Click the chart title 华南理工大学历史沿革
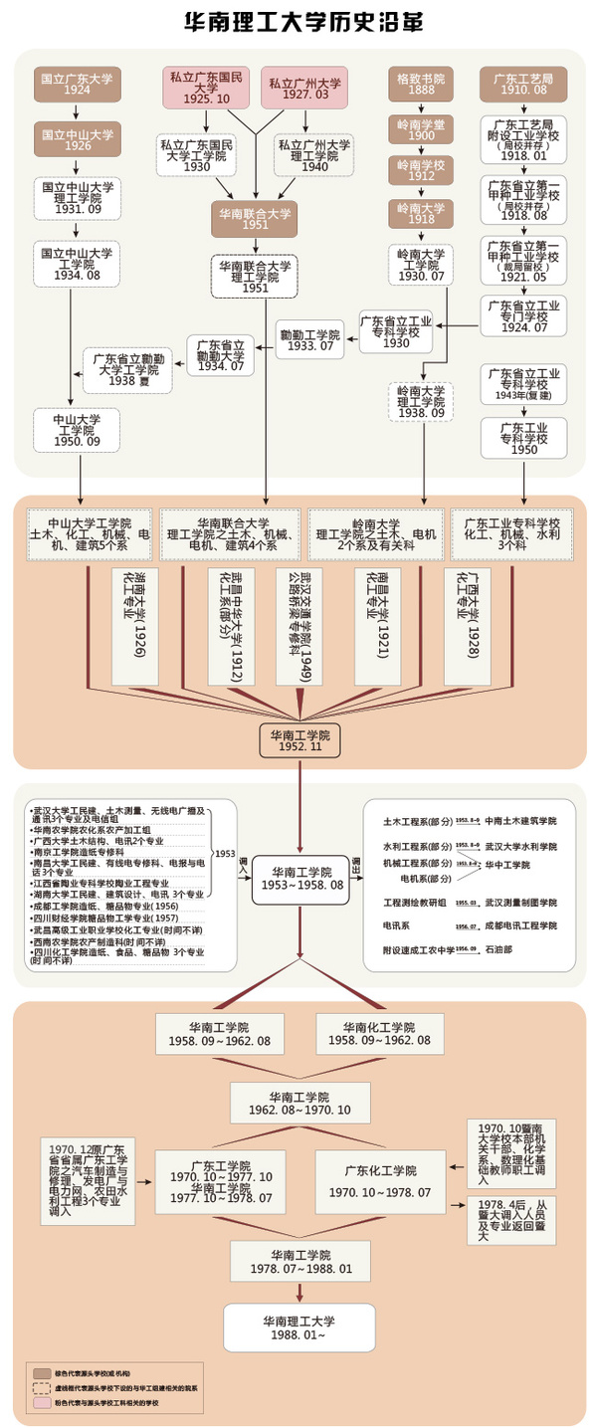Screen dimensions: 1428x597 pos(298,23)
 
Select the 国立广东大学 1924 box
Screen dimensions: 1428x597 pos(78,83)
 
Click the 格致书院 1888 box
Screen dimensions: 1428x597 pos(420,83)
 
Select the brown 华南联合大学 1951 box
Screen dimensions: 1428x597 pos(256,219)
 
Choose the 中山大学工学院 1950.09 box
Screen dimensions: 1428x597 pos(76,428)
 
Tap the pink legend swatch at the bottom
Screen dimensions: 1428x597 pos(42,1403)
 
